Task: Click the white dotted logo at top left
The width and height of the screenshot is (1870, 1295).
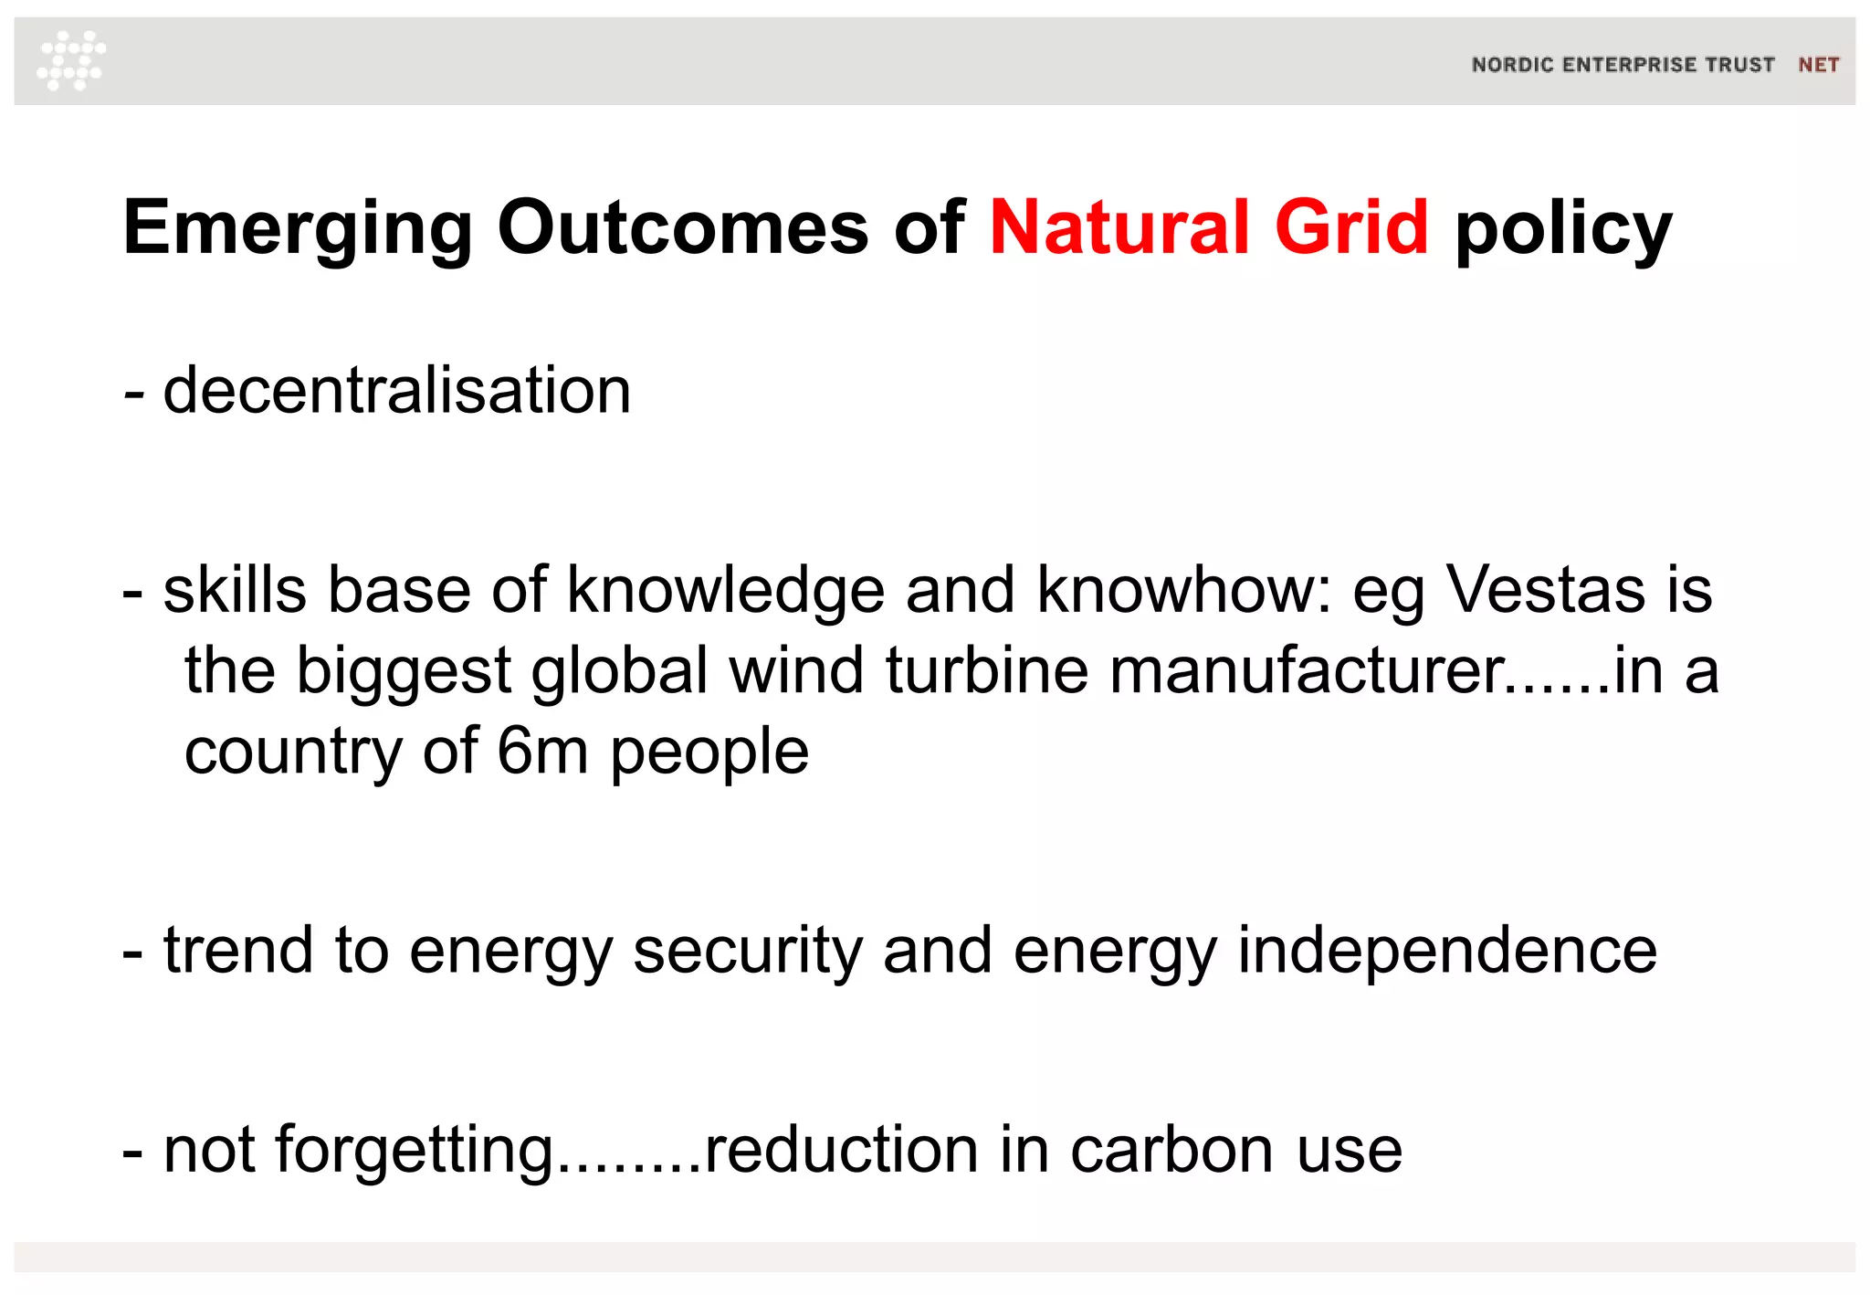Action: pyautogui.click(x=71, y=60)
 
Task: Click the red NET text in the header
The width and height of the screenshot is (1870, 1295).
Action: pyautogui.click(x=1818, y=65)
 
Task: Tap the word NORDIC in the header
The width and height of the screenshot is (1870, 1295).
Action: pyautogui.click(x=1512, y=65)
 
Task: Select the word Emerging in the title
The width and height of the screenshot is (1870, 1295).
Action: pyautogui.click(x=298, y=228)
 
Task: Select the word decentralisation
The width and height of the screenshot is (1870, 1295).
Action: pyautogui.click(x=397, y=390)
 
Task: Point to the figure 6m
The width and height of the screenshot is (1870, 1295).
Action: pyautogui.click(x=542, y=751)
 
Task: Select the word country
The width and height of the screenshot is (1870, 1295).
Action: pyautogui.click(x=293, y=753)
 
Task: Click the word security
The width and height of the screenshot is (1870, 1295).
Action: pyautogui.click(x=748, y=951)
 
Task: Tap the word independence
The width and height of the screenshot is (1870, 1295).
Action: pyautogui.click(x=1447, y=951)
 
